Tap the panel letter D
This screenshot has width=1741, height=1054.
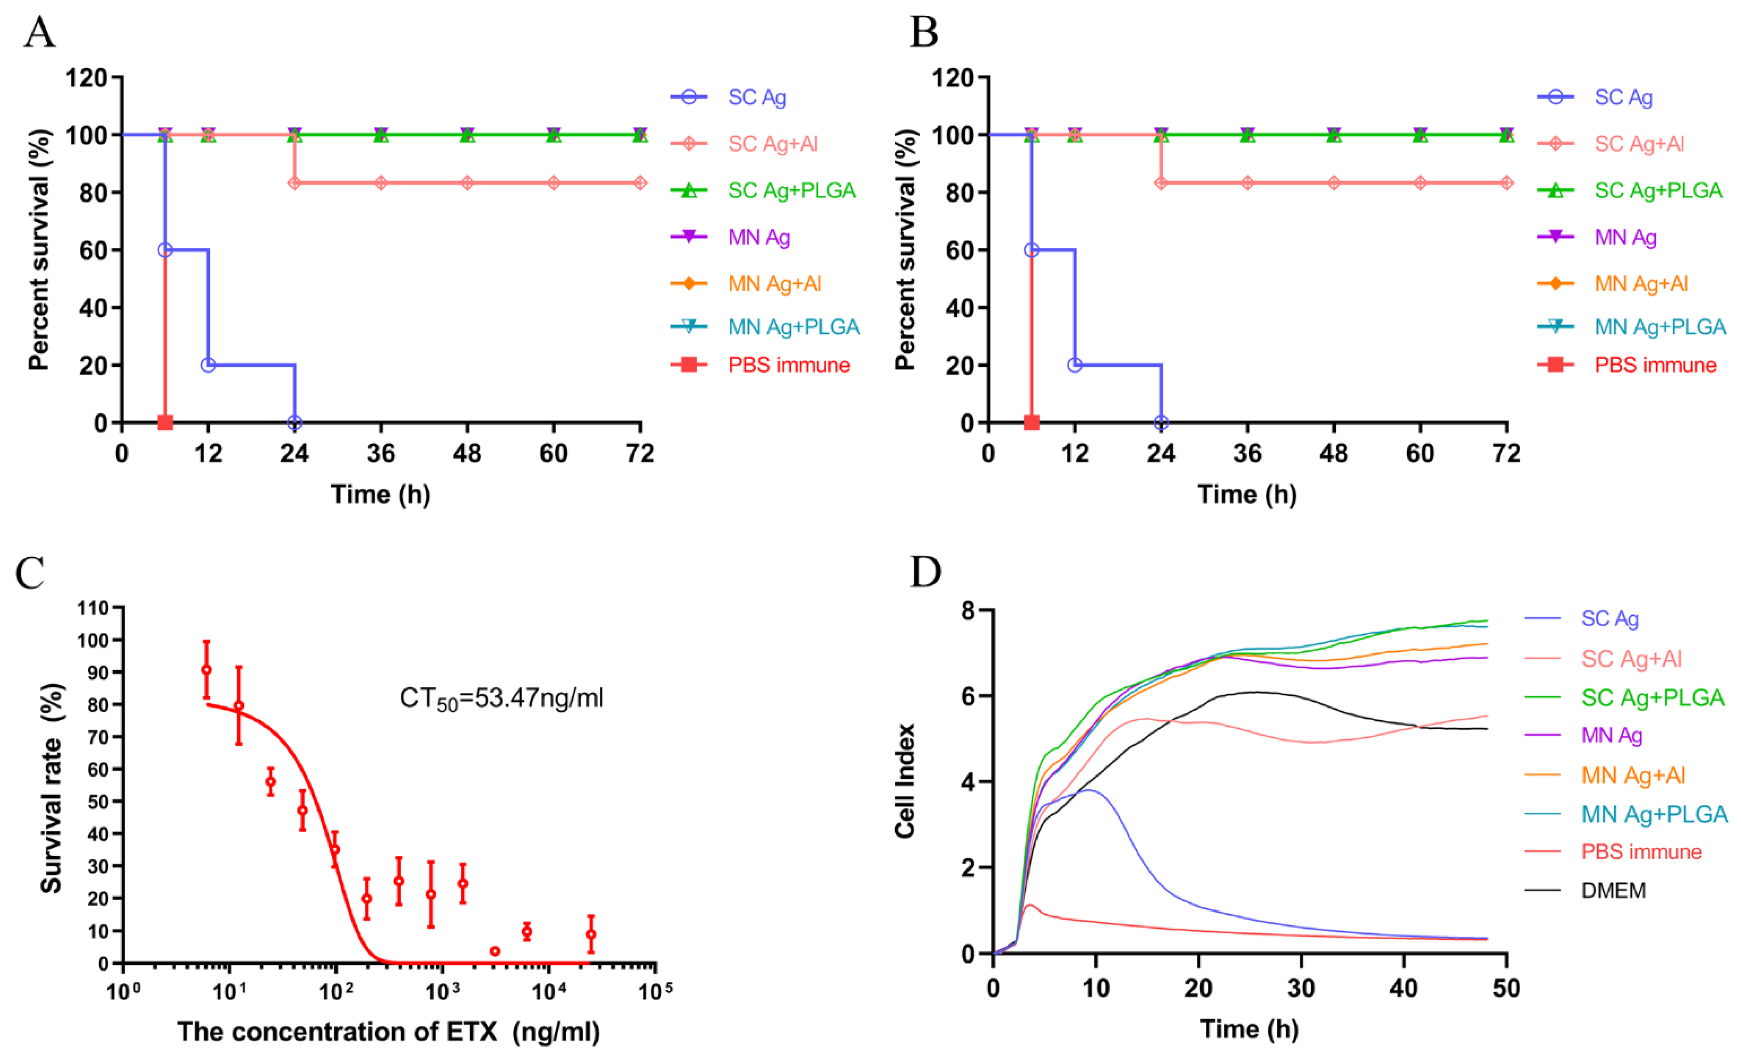coord(925,572)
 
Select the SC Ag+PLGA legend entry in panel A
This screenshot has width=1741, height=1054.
coord(791,191)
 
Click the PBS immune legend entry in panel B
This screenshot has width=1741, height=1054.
coord(1655,365)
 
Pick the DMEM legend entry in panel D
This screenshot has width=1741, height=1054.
coord(1613,891)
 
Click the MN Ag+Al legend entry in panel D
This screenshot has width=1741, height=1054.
coord(1632,776)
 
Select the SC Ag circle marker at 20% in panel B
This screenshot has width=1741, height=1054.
coord(1075,365)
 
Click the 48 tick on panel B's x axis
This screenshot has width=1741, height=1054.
coord(1333,453)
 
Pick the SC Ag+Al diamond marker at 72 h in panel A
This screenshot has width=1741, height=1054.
coord(640,183)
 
